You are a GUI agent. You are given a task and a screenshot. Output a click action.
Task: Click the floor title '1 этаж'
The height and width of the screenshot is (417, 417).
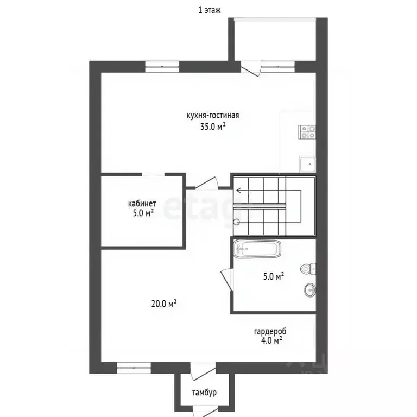tap(209, 10)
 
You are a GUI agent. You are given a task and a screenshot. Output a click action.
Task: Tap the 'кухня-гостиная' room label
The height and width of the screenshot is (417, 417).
tap(213, 116)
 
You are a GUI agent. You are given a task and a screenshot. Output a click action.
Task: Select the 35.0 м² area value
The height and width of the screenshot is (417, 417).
tap(213, 127)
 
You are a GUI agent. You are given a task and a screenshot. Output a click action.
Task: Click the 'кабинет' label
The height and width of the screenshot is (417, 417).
tap(142, 204)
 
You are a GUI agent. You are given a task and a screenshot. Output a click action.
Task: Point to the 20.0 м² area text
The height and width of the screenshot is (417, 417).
tap(164, 304)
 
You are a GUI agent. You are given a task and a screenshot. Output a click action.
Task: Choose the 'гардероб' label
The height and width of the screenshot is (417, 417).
tap(270, 331)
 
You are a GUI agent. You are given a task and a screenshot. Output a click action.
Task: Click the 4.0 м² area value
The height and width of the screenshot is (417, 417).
tap(271, 340)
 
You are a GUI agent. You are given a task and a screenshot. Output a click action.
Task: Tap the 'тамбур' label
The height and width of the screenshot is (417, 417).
tap(204, 393)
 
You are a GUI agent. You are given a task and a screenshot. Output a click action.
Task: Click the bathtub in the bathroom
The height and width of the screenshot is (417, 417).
tap(257, 249)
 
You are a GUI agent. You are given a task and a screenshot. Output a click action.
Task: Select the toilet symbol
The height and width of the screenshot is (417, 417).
tap(308, 269)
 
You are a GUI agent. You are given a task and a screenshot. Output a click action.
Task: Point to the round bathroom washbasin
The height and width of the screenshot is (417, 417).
tap(310, 290)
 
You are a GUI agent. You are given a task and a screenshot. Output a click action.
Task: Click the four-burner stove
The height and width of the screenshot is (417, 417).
tap(307, 132)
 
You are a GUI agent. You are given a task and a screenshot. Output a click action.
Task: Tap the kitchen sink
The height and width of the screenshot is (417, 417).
tap(307, 164)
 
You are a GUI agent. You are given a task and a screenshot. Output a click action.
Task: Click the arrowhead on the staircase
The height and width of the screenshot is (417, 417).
tap(238, 191)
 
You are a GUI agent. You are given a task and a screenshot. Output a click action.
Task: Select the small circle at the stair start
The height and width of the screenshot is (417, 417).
tap(236, 222)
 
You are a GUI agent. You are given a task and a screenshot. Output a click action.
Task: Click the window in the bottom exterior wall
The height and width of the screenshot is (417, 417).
tap(134, 368)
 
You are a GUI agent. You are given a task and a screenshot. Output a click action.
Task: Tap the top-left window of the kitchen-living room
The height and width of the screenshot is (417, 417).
tap(162, 67)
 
